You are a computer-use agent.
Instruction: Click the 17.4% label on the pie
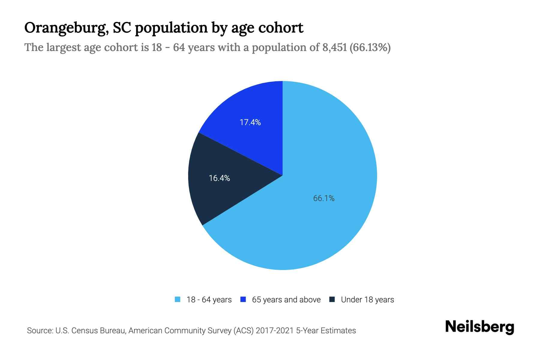tap(250, 122)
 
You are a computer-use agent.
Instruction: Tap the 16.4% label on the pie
tap(219, 178)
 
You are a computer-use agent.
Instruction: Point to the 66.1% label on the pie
tap(324, 198)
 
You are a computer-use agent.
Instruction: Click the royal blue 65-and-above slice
tap(255, 105)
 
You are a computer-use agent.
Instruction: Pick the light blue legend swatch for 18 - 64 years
tap(178, 299)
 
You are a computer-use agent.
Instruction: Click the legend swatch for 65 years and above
tap(243, 299)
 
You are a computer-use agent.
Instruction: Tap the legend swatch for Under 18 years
tap(332, 299)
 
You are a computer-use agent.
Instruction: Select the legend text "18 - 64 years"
tap(209, 300)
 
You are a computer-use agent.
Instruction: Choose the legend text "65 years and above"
tap(286, 300)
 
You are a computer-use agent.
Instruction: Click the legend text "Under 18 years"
tap(367, 300)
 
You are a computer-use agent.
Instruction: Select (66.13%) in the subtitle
tap(370, 47)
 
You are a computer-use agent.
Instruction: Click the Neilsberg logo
tap(479, 327)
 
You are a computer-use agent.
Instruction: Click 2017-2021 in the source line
tap(275, 331)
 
